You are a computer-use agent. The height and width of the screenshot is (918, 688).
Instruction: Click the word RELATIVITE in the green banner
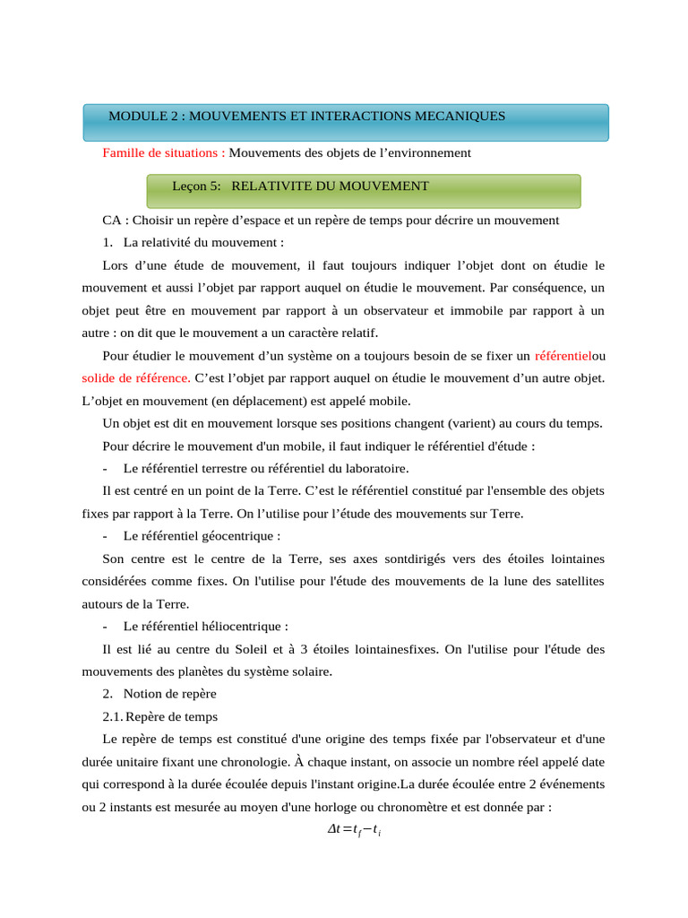pyautogui.click(x=271, y=186)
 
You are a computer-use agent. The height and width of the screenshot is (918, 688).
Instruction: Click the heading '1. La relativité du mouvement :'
pyautogui.click(x=193, y=243)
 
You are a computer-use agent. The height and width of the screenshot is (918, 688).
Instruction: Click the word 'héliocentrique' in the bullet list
pyautogui.click(x=244, y=627)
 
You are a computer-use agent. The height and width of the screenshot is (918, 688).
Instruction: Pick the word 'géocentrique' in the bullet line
pyautogui.click(x=241, y=536)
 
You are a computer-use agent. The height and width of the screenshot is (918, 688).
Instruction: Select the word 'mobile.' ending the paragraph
pyautogui.click(x=389, y=400)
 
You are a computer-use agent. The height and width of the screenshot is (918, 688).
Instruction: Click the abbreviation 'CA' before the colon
pyautogui.click(x=111, y=221)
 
